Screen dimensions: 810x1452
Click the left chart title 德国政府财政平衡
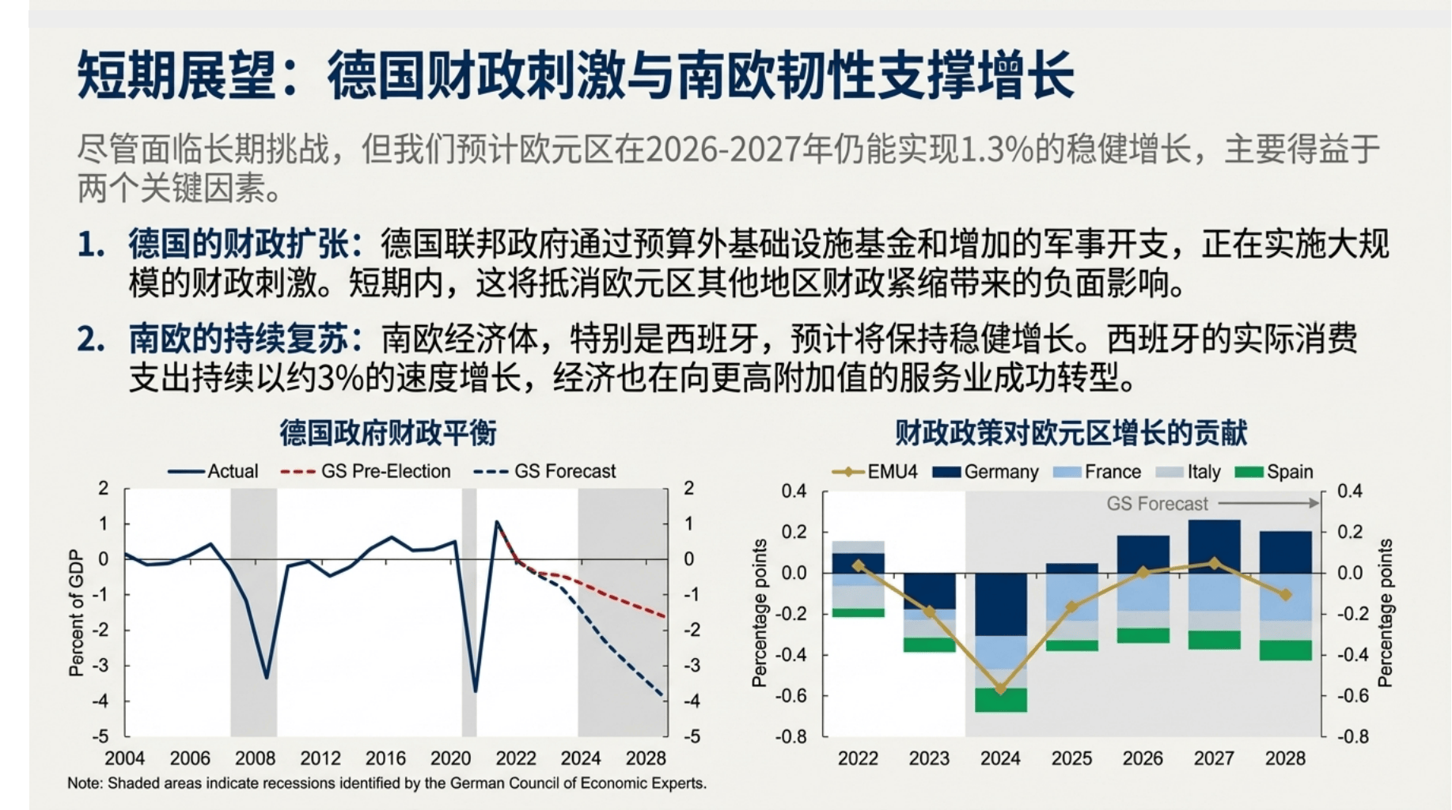(x=388, y=433)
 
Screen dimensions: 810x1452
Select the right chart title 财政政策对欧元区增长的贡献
(x=1071, y=433)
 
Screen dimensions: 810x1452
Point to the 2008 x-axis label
(x=255, y=758)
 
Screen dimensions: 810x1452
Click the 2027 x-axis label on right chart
(x=1213, y=758)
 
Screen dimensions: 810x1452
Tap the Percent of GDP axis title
(x=76, y=613)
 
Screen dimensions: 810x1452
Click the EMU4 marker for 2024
(x=1000, y=689)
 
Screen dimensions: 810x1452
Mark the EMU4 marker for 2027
(x=1215, y=563)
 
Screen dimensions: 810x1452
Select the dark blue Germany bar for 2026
(x=1143, y=554)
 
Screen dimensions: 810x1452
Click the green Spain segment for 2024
(x=1000, y=700)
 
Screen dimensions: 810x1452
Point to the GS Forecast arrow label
(x=1156, y=504)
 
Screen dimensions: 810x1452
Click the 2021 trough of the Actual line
(x=476, y=690)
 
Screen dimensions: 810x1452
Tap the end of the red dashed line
(x=664, y=615)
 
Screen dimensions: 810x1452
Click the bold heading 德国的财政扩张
(x=237, y=244)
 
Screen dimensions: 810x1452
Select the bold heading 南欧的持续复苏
(x=237, y=339)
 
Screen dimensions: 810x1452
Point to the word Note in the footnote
(x=84, y=783)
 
